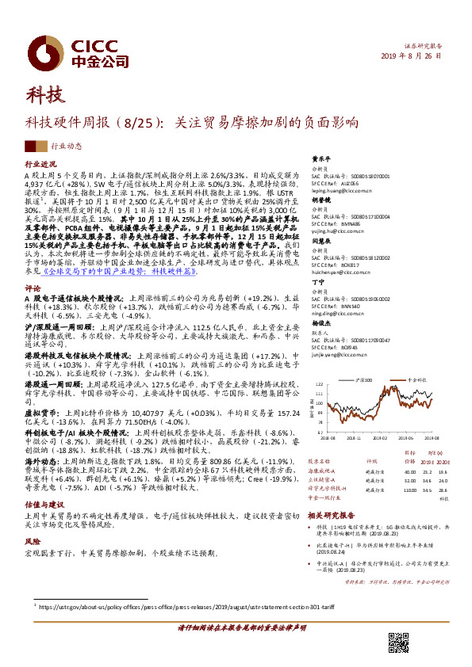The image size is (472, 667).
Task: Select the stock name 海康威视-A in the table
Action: pyautogui.click(x=324, y=471)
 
